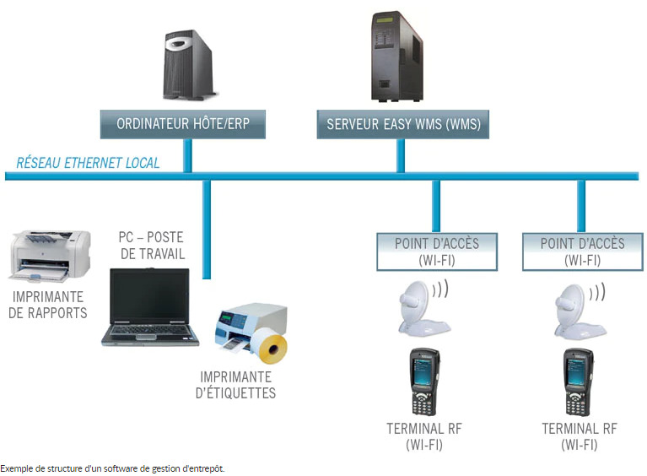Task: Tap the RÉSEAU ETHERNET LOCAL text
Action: tap(88, 163)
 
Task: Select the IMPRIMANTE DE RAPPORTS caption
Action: tap(48, 305)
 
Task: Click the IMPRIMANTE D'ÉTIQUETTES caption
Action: tap(237, 385)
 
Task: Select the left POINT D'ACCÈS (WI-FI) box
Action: tap(437, 252)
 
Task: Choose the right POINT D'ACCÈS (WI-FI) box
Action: tap(582, 252)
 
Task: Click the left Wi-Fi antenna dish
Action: tap(420, 304)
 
